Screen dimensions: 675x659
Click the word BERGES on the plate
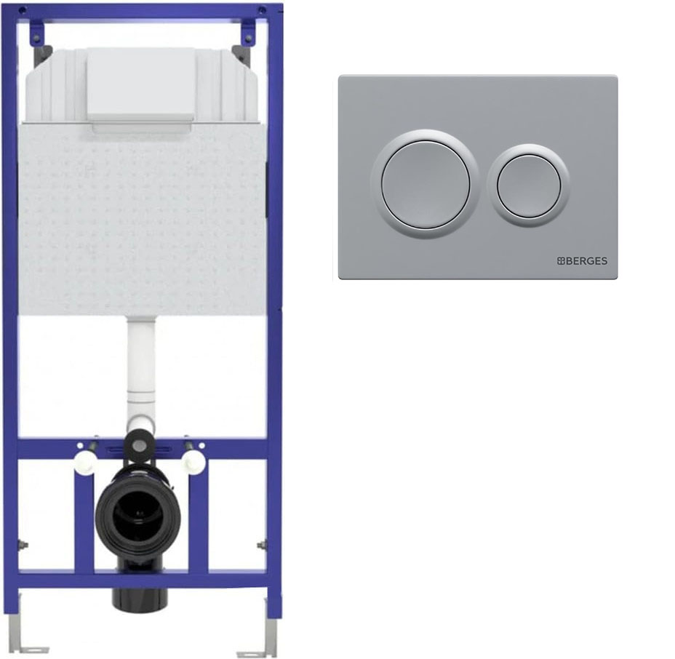(586, 261)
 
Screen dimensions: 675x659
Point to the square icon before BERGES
(561, 261)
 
